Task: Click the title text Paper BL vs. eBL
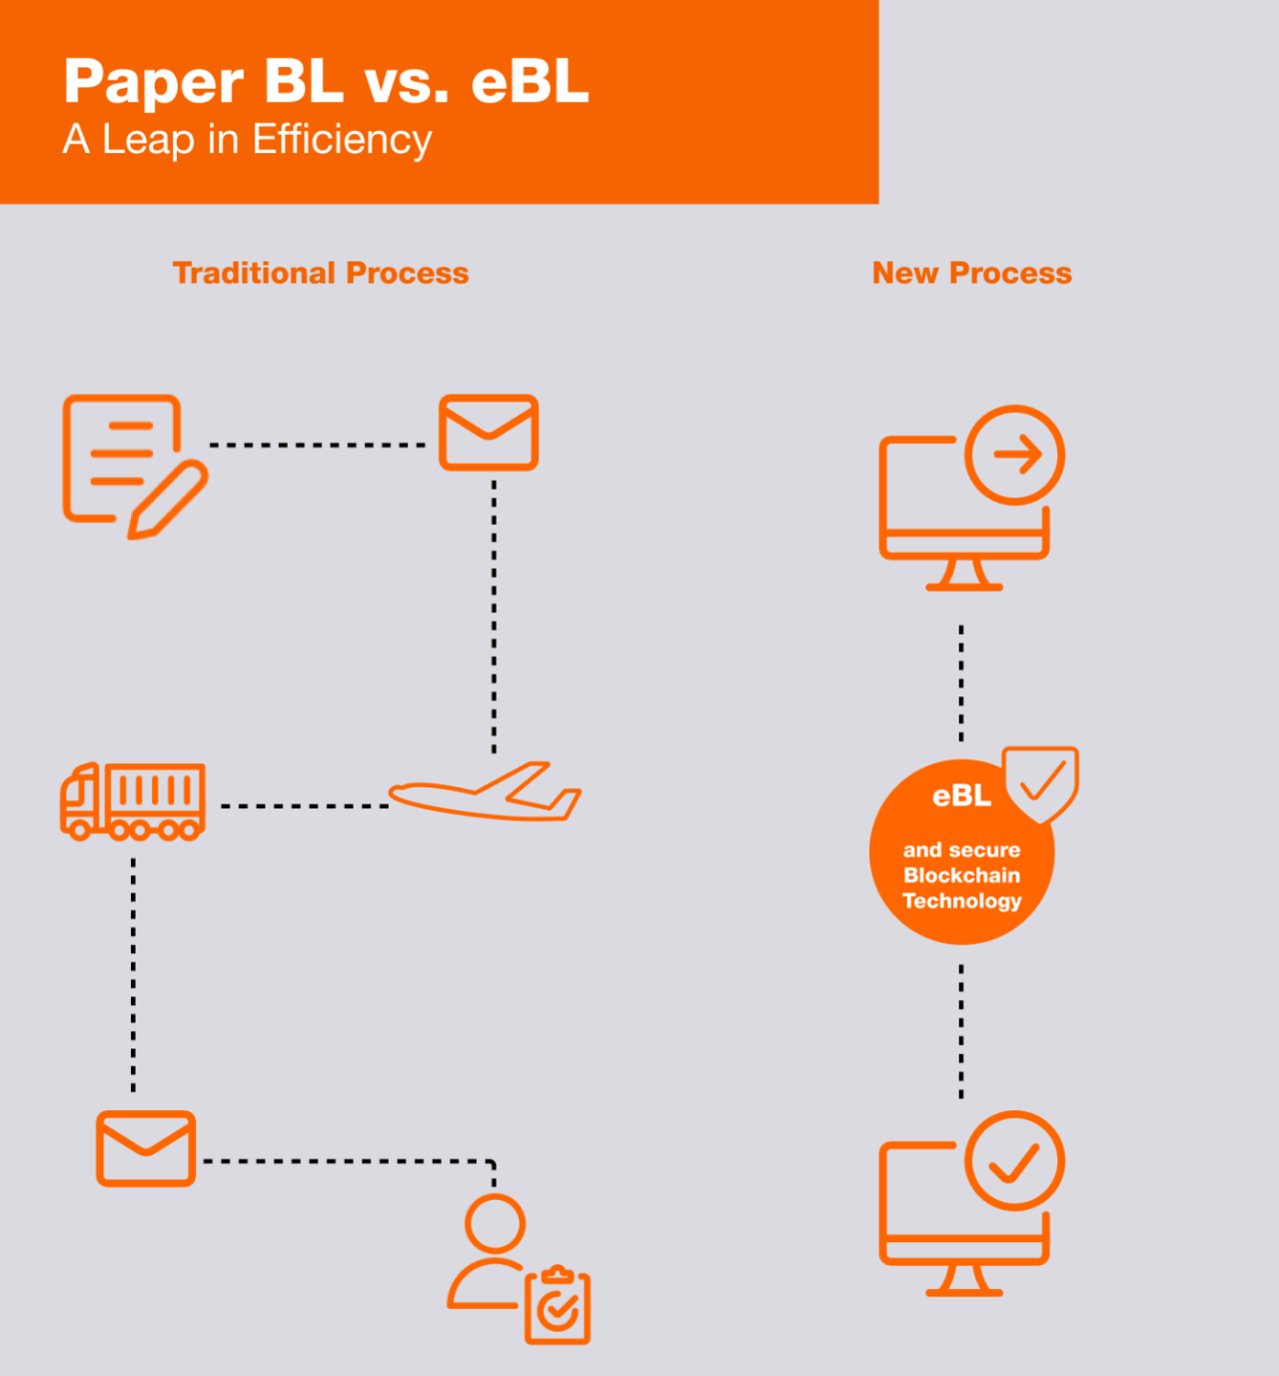[326, 82]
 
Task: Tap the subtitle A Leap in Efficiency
[247, 140]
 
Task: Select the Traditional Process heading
[321, 273]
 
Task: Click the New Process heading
[971, 273]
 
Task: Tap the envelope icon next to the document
[489, 433]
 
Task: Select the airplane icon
[486, 793]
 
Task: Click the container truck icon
[133, 800]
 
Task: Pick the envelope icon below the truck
[146, 1148]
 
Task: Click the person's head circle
[495, 1222]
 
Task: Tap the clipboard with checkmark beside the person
[558, 1307]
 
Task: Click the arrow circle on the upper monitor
[1015, 455]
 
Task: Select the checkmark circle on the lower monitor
[1015, 1161]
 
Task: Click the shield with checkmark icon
[1041, 782]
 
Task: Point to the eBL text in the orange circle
[961, 796]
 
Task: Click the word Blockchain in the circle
[961, 875]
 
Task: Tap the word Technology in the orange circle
[961, 901]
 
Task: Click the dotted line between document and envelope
[318, 445]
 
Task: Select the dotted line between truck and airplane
[304, 805]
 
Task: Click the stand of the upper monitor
[964, 575]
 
